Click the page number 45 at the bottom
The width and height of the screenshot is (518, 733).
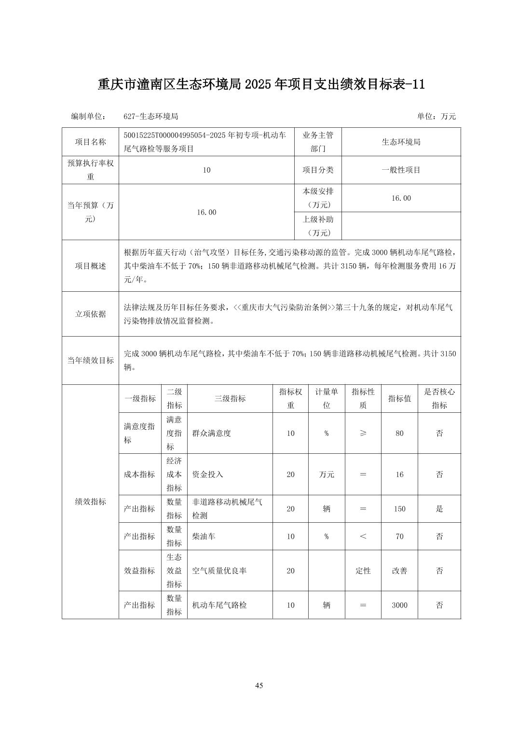point(259,685)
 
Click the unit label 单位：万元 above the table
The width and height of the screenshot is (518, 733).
point(436,116)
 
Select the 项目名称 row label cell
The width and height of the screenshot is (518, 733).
point(90,142)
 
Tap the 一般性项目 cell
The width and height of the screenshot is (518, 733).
point(401,170)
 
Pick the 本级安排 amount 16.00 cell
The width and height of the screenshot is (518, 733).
point(401,198)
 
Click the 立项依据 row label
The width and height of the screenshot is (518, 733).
point(90,314)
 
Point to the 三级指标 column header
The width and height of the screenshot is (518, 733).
point(230,398)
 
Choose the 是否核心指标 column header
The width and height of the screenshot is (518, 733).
point(439,398)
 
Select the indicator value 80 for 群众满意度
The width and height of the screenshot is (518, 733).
point(399,433)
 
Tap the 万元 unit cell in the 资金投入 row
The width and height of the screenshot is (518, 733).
point(327,475)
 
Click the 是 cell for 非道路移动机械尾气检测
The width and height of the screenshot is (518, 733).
point(439,509)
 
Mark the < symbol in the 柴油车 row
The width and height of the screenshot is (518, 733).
point(363,536)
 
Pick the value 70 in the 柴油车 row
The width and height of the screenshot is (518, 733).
point(399,536)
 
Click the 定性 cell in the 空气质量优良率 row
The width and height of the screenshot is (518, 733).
point(363,570)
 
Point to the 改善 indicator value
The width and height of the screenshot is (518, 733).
point(399,570)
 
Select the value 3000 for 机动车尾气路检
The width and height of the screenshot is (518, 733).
point(399,605)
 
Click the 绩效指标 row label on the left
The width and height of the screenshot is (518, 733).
point(90,502)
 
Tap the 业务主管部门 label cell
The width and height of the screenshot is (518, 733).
point(318,142)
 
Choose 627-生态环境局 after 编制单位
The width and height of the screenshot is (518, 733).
point(151,116)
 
